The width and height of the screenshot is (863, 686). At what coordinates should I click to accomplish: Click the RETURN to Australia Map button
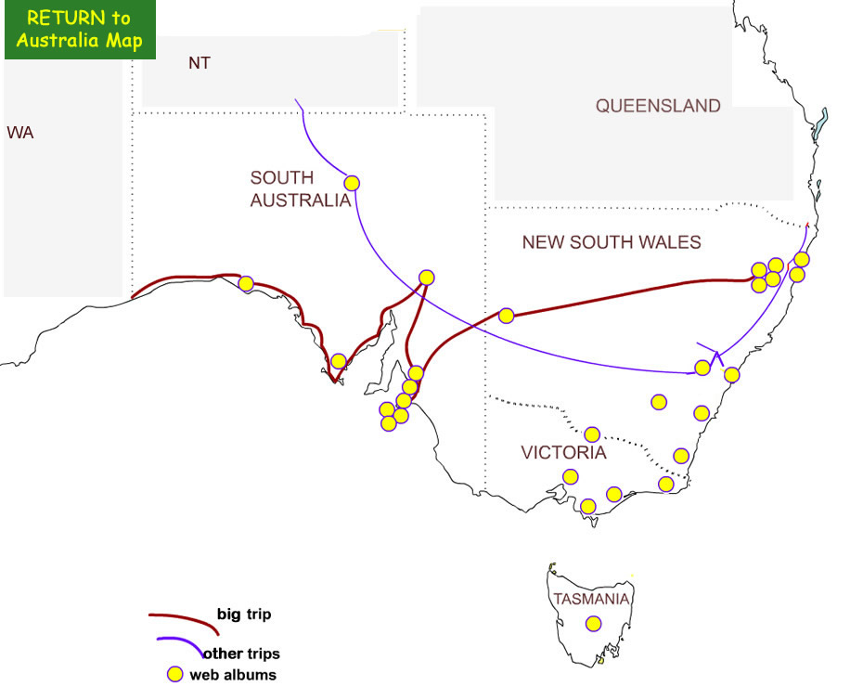click(79, 30)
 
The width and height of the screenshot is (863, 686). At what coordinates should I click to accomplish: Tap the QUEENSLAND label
click(658, 106)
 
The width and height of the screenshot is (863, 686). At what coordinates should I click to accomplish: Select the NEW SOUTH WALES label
click(612, 242)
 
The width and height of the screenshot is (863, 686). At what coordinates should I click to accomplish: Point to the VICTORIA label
click(563, 453)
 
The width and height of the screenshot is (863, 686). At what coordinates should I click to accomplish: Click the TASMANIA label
click(592, 599)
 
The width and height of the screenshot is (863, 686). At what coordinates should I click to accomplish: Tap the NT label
click(199, 63)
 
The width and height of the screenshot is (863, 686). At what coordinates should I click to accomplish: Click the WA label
click(20, 133)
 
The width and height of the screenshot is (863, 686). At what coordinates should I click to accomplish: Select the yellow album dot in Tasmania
click(593, 625)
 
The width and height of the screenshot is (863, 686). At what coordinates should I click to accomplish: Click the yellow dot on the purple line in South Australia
click(352, 183)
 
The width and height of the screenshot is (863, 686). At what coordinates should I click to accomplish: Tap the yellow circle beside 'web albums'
click(174, 675)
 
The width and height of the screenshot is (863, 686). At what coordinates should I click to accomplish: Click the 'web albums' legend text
click(233, 675)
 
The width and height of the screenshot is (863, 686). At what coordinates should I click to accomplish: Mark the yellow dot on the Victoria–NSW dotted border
click(592, 434)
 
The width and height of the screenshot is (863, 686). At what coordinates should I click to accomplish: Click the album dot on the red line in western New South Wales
click(506, 316)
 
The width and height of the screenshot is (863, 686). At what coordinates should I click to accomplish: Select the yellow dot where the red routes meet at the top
click(426, 277)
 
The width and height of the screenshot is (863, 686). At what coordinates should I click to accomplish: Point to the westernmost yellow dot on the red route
click(246, 283)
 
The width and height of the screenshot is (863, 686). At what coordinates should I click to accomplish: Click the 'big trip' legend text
click(244, 614)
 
